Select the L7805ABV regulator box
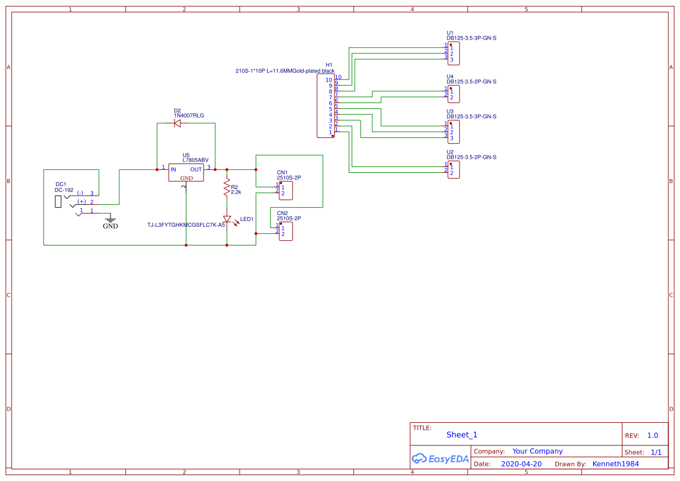(x=186, y=172)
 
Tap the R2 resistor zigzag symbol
(x=227, y=187)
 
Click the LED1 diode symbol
(x=227, y=219)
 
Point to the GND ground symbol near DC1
(x=110, y=222)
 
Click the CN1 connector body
(x=286, y=190)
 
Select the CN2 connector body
(x=286, y=231)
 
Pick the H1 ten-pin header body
(x=325, y=106)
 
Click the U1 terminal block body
(x=453, y=54)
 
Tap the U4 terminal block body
(x=453, y=94)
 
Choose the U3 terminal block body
(x=453, y=131)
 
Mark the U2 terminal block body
(x=453, y=169)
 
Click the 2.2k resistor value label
(x=236, y=192)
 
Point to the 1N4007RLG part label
(x=188, y=116)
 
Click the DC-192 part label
(x=64, y=190)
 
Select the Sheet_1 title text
(x=462, y=434)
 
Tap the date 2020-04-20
(x=521, y=464)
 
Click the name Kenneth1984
(x=615, y=464)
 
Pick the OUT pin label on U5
(x=196, y=169)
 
